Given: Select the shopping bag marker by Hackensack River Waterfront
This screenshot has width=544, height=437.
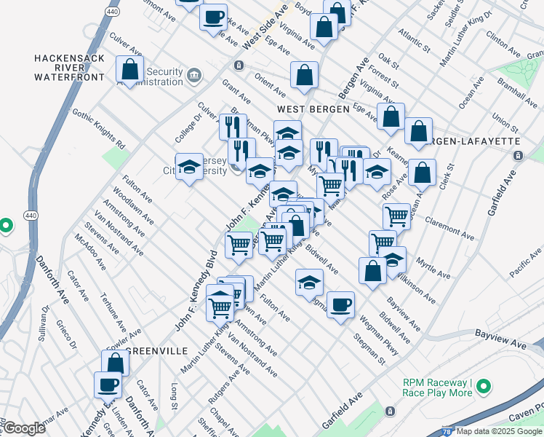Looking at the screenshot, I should [x=130, y=70].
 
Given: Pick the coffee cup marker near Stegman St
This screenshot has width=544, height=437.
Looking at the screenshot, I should [x=340, y=305].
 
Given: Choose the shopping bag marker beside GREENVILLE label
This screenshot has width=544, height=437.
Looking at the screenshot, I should [x=116, y=363].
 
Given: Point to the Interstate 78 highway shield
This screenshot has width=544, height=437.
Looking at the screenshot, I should [x=446, y=430].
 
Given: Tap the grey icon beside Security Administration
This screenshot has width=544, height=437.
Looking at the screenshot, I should [x=194, y=75].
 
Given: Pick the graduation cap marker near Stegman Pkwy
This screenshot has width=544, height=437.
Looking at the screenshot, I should [x=309, y=281].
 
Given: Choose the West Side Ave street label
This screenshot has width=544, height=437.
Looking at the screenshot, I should [x=265, y=30].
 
